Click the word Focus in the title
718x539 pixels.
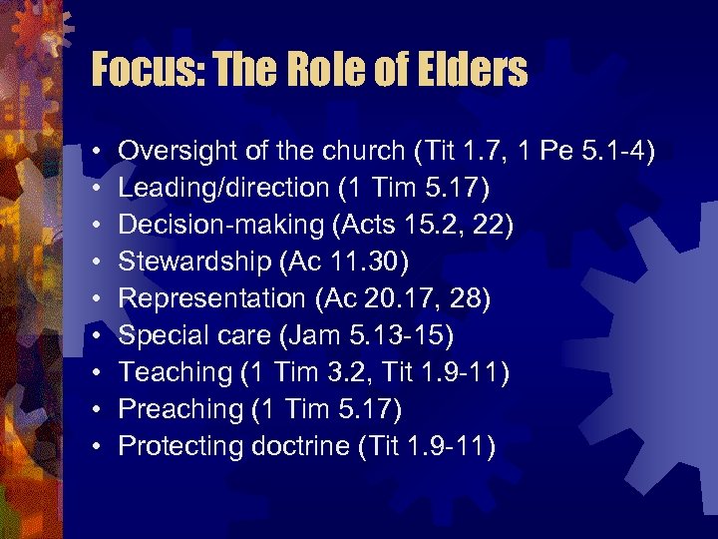click(x=143, y=70)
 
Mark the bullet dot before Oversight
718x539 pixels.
click(x=93, y=152)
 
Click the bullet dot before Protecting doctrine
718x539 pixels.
click(x=93, y=447)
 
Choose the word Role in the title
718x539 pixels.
click(x=338, y=70)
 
